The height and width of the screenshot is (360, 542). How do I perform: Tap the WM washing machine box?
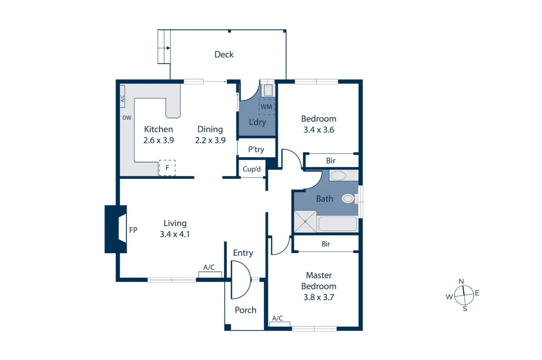click(x=266, y=107)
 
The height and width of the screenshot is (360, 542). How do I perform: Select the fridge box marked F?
click(x=167, y=168)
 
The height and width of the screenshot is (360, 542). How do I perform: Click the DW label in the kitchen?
click(x=127, y=118)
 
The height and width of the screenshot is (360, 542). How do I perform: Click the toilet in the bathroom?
click(x=349, y=198)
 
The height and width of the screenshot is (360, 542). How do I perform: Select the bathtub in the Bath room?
click(x=338, y=224)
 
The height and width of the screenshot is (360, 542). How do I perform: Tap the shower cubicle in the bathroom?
click(x=306, y=222)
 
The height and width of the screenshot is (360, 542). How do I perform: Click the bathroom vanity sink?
click(x=338, y=175)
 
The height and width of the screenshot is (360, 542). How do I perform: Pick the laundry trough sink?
click(x=268, y=90)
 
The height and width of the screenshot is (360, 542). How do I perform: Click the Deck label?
click(x=224, y=55)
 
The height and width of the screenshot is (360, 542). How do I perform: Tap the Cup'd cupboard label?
click(x=252, y=169)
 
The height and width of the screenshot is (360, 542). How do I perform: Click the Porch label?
click(x=246, y=310)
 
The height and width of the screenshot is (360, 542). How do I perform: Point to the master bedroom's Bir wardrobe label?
click(x=326, y=244)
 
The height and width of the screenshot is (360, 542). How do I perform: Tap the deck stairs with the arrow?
click(x=164, y=47)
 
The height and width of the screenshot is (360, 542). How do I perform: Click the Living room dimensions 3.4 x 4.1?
click(x=175, y=234)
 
